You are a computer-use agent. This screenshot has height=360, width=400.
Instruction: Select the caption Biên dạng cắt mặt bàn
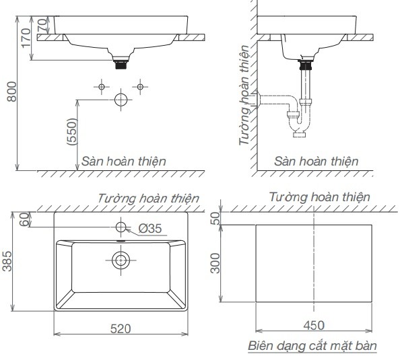(312, 345)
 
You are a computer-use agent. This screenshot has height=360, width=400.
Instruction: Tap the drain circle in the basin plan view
(121, 258)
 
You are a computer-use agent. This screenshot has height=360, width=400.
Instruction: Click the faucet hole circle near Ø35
(121, 226)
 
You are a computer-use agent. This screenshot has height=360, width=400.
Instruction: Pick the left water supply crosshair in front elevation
(101, 86)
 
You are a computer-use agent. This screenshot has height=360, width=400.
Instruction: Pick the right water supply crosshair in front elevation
(140, 86)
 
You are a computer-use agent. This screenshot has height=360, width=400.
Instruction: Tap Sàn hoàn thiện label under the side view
(316, 161)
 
